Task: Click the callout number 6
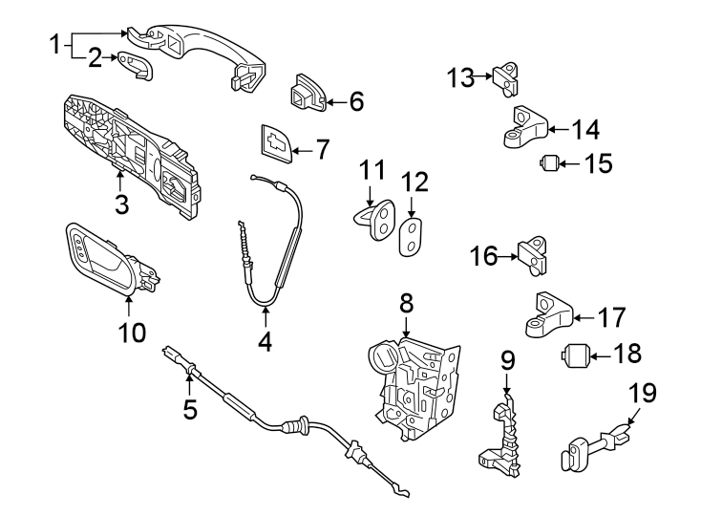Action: pyautogui.click(x=356, y=100)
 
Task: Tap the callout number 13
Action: pyautogui.click(x=460, y=76)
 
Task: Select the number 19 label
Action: pyautogui.click(x=642, y=394)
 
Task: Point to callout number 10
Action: pyautogui.click(x=132, y=332)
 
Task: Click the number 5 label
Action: pyautogui.click(x=190, y=409)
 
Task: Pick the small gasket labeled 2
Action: pyautogui.click(x=137, y=66)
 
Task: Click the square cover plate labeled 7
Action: pyautogui.click(x=275, y=143)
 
